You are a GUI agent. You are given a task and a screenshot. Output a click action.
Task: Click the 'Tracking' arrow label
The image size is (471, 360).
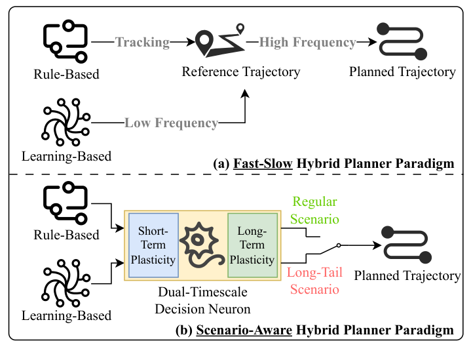pos(142,43)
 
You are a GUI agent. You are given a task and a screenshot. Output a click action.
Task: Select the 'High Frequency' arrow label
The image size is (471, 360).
pos(307,43)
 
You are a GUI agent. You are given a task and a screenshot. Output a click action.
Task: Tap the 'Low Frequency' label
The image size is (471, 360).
pos(171,123)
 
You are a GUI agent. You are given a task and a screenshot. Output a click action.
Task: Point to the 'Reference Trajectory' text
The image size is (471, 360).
pos(240,71)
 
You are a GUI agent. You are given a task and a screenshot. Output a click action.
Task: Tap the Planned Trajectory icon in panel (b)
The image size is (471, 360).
pos(405,244)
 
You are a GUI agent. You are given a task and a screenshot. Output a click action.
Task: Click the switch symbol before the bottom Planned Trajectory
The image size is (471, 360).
pos(328,247)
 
